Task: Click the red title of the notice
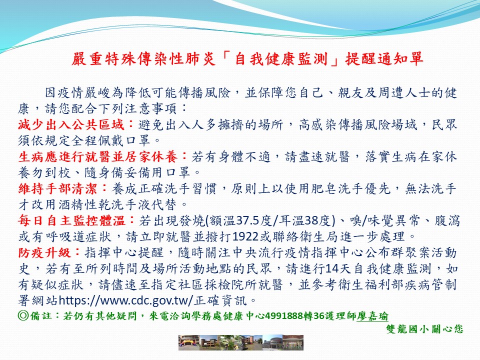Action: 247,59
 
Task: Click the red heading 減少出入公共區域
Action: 71,124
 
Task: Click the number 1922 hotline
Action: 245,236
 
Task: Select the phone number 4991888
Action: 284,315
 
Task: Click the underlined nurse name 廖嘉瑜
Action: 372,316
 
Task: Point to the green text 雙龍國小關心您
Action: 424,329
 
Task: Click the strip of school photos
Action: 241,342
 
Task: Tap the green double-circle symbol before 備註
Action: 23,315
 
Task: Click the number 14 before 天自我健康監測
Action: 331,269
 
